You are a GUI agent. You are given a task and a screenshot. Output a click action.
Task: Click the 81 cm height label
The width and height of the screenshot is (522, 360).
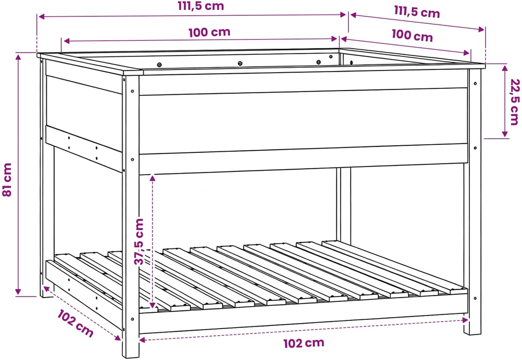click(x=7, y=179)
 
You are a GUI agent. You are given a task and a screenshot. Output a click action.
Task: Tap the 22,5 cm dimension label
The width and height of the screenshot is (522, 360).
click(x=514, y=101)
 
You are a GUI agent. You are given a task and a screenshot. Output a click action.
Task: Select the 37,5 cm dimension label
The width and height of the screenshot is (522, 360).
click(x=139, y=242)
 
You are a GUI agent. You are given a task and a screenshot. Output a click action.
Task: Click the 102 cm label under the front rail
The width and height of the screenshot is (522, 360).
click(x=304, y=343)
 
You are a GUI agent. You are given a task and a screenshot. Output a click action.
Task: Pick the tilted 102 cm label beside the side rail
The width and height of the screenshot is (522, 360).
click(x=75, y=323)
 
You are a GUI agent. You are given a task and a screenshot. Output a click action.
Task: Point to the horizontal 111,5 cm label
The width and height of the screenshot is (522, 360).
click(x=201, y=6)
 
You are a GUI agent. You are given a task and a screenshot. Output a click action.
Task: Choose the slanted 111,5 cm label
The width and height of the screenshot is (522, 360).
click(x=417, y=11)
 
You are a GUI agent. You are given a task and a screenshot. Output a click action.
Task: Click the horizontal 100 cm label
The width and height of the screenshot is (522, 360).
click(x=209, y=33)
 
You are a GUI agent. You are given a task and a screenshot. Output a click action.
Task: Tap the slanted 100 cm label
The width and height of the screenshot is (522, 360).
click(x=412, y=35)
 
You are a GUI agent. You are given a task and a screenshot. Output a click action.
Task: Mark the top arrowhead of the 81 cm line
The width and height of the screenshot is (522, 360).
click(x=18, y=56)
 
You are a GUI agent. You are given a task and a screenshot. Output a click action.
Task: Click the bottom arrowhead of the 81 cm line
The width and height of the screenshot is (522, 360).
click(x=18, y=292)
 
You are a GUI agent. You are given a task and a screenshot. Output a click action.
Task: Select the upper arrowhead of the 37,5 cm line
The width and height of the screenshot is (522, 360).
click(x=152, y=178)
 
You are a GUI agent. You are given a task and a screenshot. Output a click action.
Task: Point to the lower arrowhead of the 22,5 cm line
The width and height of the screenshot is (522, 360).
click(x=505, y=134)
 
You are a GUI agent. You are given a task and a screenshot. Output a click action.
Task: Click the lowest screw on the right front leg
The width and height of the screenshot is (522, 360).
click(x=475, y=298)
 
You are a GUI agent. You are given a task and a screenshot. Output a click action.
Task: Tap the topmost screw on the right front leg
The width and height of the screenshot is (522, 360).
click(x=475, y=83)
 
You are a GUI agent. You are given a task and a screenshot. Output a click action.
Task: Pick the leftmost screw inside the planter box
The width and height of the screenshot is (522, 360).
click(x=159, y=65)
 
